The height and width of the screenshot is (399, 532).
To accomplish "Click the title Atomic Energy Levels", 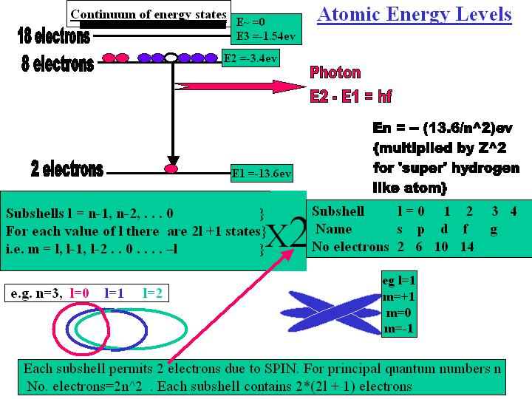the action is [x=415, y=15].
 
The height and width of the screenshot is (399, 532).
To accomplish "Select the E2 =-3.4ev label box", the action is [x=250, y=58].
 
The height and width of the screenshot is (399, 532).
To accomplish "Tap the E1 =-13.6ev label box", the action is [x=262, y=174].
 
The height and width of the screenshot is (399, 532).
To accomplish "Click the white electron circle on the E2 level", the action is [x=171, y=58].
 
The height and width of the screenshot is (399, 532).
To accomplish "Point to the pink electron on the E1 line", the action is [x=171, y=168].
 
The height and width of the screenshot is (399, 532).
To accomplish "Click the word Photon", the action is [x=335, y=72].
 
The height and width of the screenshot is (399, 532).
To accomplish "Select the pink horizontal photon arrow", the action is [x=240, y=86].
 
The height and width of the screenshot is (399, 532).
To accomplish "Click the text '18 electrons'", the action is [x=54, y=35].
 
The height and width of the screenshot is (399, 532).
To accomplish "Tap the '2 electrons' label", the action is [x=66, y=168].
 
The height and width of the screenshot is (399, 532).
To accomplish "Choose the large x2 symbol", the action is [x=287, y=234].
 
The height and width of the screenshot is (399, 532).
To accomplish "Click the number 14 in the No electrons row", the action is [x=467, y=247].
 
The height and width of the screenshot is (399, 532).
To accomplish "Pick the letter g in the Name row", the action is [x=494, y=230].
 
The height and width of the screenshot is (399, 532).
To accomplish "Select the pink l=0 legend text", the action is [x=79, y=293].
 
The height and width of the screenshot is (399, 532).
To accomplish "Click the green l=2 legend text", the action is [x=152, y=293].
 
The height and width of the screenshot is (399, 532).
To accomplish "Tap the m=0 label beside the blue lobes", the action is [x=399, y=313].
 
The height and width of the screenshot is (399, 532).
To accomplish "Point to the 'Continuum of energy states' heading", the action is [x=149, y=15].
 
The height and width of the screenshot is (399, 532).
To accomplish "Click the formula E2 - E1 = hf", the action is [x=351, y=96].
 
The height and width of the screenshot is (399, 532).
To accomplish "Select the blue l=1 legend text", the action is [x=114, y=293].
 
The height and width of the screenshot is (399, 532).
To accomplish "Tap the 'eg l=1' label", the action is [x=399, y=280].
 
